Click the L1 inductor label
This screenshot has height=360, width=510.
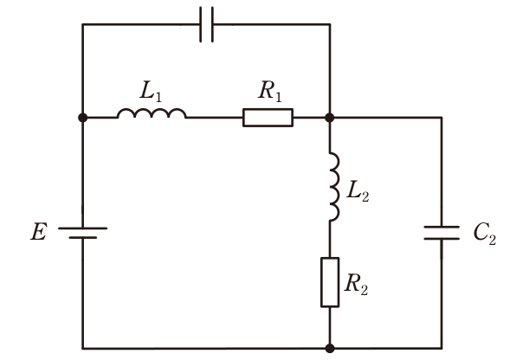click(x=151, y=91)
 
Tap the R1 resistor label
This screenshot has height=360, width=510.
click(x=270, y=91)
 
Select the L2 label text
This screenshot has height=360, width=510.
click(x=358, y=191)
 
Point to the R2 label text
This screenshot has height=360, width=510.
click(x=356, y=284)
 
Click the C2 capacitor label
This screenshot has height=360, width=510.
click(x=485, y=234)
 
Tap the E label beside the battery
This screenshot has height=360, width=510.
click(x=39, y=232)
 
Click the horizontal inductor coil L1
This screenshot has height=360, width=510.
click(x=152, y=113)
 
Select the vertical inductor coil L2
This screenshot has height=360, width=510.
click(x=334, y=187)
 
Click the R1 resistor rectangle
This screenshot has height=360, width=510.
click(x=268, y=118)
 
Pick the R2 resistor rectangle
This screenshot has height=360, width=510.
click(x=330, y=282)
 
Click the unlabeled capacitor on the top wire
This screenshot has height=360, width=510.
click(x=207, y=24)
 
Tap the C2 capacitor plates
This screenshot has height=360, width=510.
click(x=442, y=233)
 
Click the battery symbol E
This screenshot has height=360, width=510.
click(x=82, y=233)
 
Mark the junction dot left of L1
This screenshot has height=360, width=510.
click(x=83, y=118)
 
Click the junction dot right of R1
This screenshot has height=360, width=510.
click(x=330, y=118)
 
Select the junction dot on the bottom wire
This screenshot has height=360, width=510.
click(x=330, y=348)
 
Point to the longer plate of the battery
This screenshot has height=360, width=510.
click(x=82, y=228)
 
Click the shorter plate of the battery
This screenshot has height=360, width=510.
click(x=82, y=238)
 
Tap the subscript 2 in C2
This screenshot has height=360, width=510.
click(x=493, y=240)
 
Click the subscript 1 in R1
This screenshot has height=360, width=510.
click(x=278, y=97)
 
